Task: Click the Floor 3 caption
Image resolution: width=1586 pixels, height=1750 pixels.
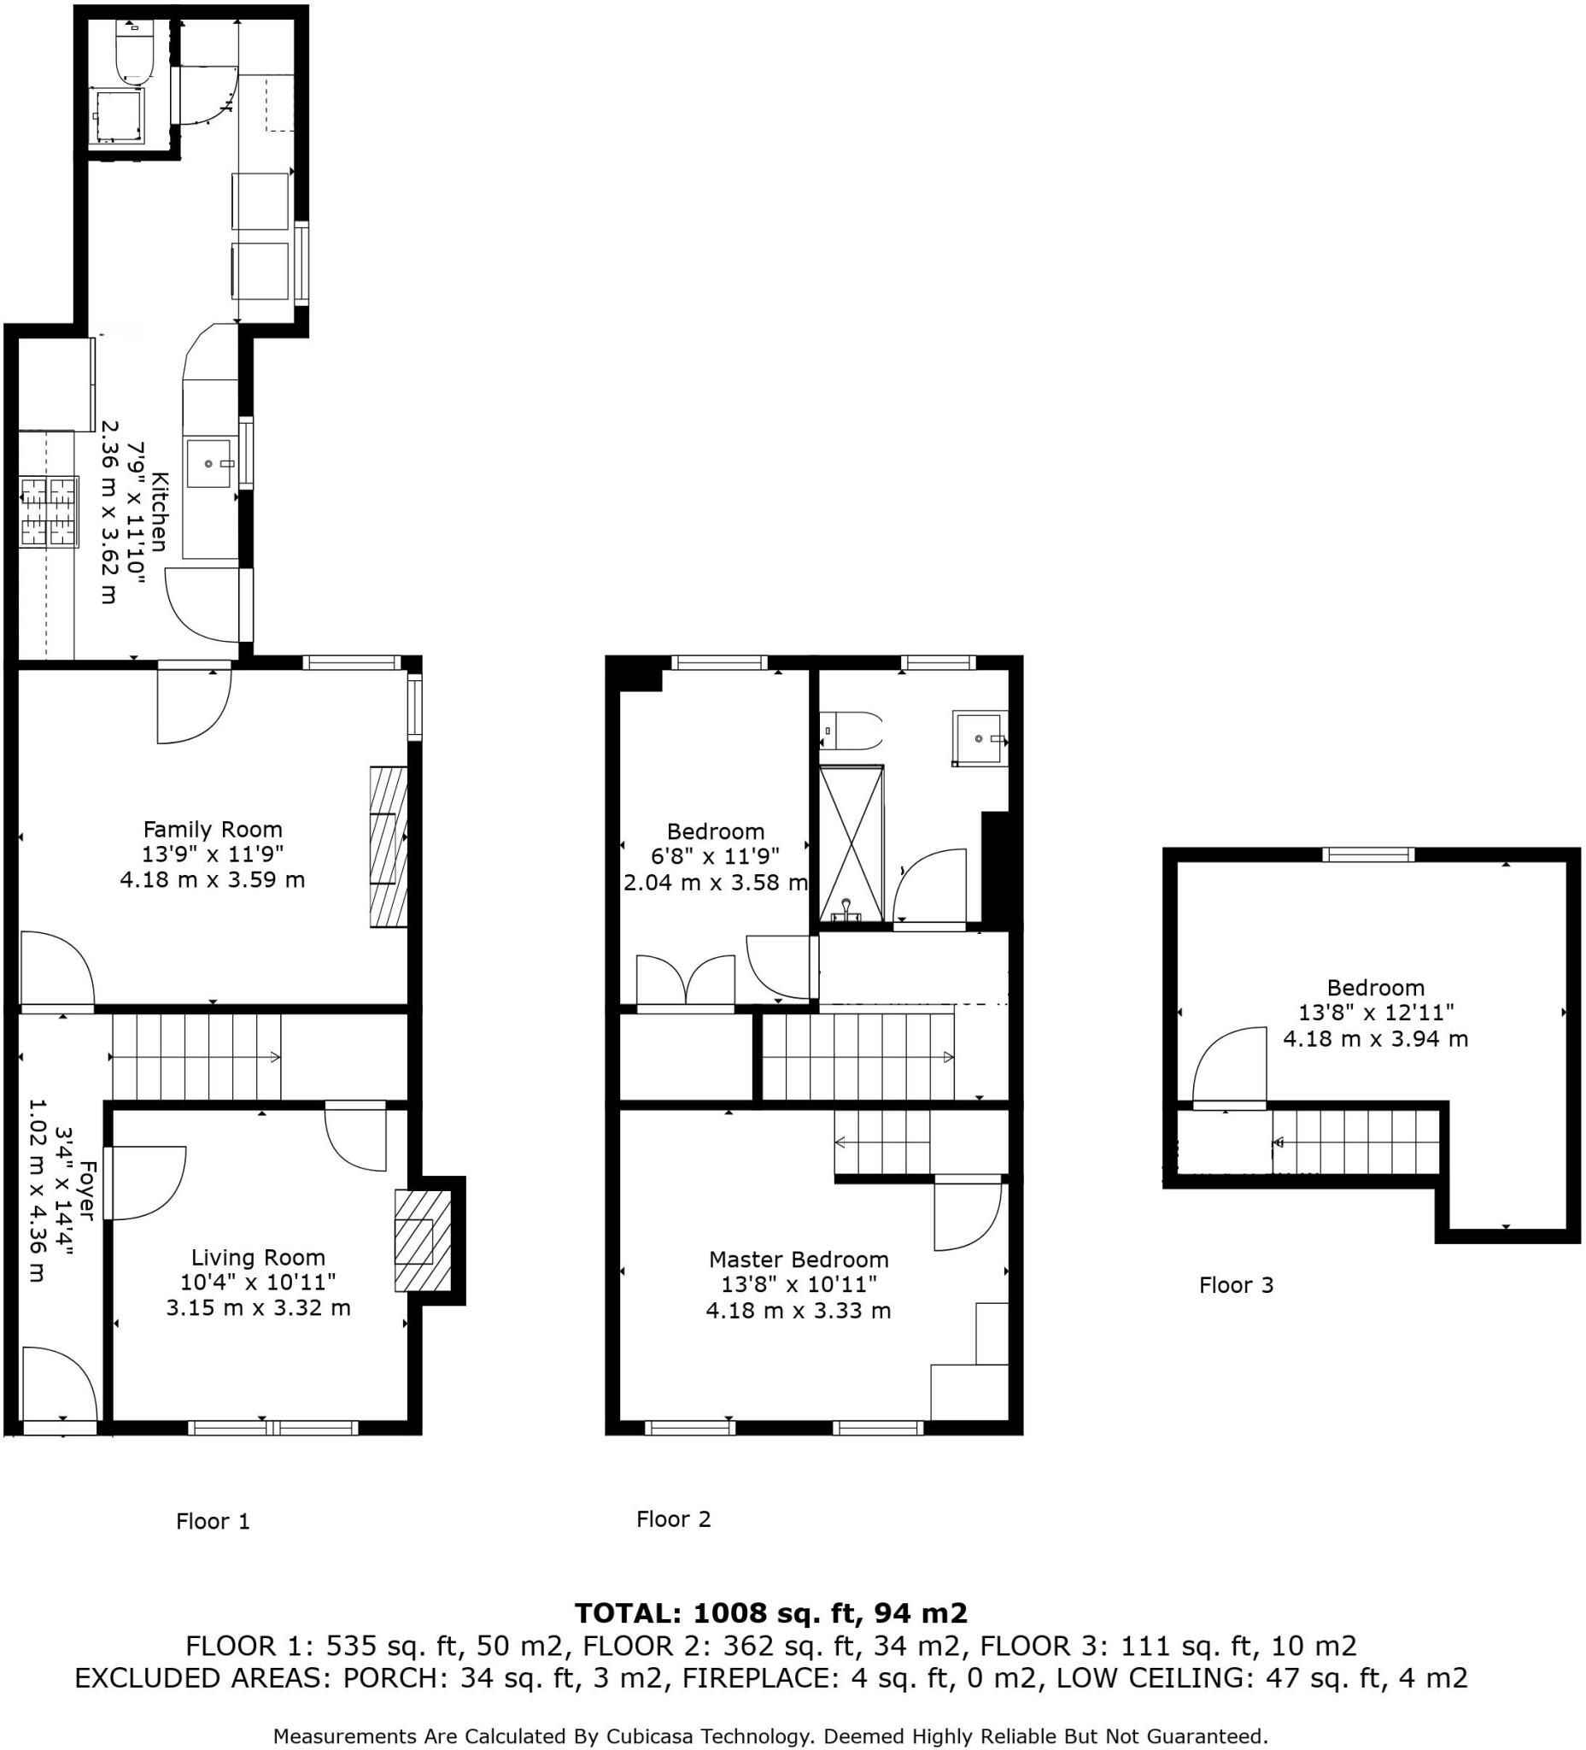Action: coord(1236,1286)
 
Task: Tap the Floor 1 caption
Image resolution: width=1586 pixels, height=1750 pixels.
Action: coord(213,1522)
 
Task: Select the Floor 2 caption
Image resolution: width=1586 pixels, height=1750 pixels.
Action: coord(673,1519)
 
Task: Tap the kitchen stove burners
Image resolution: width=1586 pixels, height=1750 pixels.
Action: coord(50,512)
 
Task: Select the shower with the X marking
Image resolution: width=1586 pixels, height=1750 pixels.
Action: coord(852,843)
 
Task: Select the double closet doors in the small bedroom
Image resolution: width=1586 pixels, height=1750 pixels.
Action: coord(686,982)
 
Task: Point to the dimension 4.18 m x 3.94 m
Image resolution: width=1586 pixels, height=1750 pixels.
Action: coord(1375,1038)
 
